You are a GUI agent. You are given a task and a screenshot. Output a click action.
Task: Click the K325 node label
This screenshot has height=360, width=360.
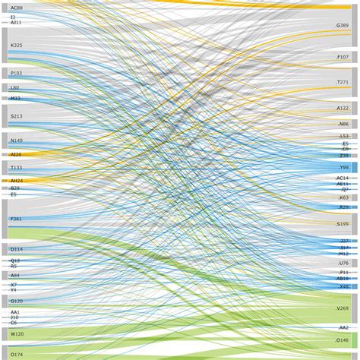pos(16,46)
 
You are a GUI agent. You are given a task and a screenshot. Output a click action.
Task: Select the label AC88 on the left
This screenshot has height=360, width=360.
pos(16,8)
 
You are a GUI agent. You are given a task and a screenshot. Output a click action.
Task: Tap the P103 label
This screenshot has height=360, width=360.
pos(16,73)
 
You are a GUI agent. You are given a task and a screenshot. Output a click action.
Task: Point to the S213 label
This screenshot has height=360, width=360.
pos(16,116)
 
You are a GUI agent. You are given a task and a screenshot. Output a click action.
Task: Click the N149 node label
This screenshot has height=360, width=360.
pos(16,141)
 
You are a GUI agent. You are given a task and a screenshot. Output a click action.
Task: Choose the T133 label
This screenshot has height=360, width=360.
pos(16,167)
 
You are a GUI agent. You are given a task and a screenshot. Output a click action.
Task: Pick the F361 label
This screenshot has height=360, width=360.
pos(16,219)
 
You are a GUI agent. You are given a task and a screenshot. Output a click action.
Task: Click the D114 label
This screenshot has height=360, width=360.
pos(16,249)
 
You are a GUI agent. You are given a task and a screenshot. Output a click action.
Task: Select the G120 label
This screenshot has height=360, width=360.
pos(16,301)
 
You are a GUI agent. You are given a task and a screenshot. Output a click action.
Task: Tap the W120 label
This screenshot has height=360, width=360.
pos(16,333)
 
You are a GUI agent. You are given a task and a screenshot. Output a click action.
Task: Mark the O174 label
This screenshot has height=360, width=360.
pos(16,354)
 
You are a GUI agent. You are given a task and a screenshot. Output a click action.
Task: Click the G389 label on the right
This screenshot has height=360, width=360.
pos(343,25)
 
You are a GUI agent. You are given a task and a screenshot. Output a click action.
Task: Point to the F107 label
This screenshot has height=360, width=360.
pos(343,57)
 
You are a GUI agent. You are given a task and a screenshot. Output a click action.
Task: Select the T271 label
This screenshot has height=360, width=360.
pos(343,82)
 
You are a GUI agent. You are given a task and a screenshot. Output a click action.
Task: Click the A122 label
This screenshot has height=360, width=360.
pos(343,108)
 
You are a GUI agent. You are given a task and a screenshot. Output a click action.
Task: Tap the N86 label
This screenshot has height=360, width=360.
pos(343,124)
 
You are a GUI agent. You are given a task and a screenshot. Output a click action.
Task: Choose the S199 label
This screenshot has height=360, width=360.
pos(343,224)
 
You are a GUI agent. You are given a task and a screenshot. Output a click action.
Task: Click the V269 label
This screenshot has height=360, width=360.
pos(343,308)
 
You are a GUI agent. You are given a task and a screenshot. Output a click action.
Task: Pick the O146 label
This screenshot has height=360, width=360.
pos(343,340)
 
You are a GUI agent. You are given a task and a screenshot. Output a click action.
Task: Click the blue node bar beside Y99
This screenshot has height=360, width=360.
pos(354,167)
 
